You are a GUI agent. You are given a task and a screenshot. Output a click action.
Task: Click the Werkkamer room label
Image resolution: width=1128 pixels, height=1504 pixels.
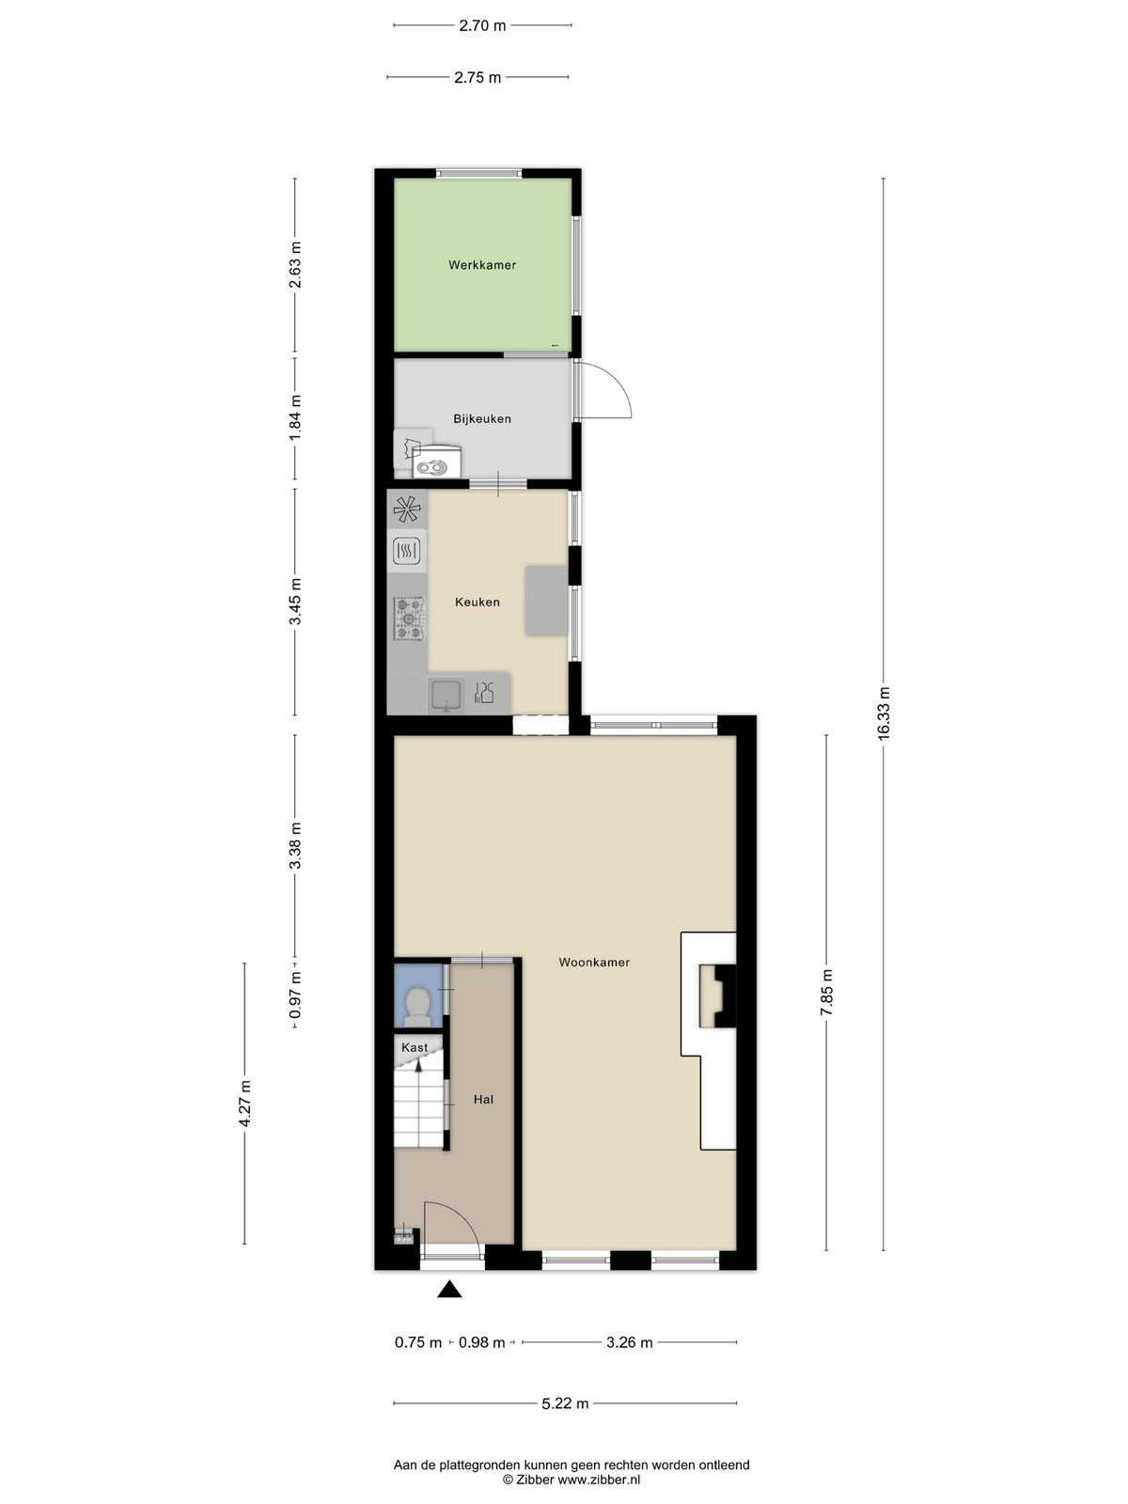pos(482,264)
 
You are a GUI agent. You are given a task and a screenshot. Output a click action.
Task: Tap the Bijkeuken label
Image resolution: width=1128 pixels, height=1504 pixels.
pos(482,418)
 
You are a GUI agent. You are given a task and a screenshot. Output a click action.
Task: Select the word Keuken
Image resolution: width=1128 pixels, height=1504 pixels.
pos(478,603)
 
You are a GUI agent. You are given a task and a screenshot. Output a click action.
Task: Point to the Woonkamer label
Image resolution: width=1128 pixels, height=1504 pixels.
pos(594,962)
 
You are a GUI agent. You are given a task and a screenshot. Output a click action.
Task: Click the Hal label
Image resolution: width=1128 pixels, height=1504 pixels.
pos(483,1099)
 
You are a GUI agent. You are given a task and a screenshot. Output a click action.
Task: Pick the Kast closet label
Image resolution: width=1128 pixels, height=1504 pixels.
pos(415,1047)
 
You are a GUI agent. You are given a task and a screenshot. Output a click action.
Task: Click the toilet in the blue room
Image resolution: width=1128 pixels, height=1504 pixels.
pos(417,1006)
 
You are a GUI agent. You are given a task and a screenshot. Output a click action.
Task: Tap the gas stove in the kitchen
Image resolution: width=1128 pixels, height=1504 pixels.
pos(409,619)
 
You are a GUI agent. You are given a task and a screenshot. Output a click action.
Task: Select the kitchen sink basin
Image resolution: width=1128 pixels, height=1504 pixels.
pos(446,696)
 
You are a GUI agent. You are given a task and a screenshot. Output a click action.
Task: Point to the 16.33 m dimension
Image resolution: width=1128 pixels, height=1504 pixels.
pos(884,713)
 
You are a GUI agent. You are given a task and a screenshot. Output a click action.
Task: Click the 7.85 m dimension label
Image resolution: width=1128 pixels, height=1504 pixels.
pos(826,993)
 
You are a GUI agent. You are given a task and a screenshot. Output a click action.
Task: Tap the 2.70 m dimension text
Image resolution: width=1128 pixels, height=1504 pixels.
pos(482,26)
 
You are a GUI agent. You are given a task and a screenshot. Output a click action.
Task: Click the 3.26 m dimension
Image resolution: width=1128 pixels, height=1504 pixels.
pos(630,1342)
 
